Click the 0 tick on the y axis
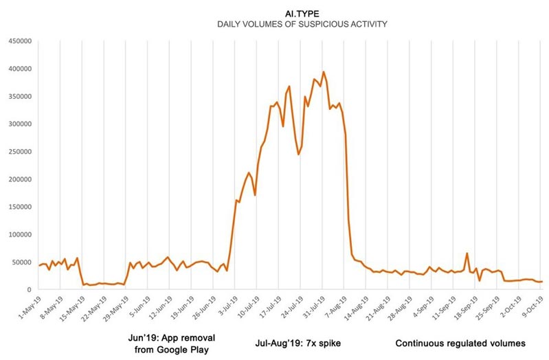click(x=30, y=290)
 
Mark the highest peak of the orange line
click(x=324, y=72)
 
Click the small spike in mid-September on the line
click(x=467, y=254)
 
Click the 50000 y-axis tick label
click(x=21, y=262)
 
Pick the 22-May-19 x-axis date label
click(x=92, y=307)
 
